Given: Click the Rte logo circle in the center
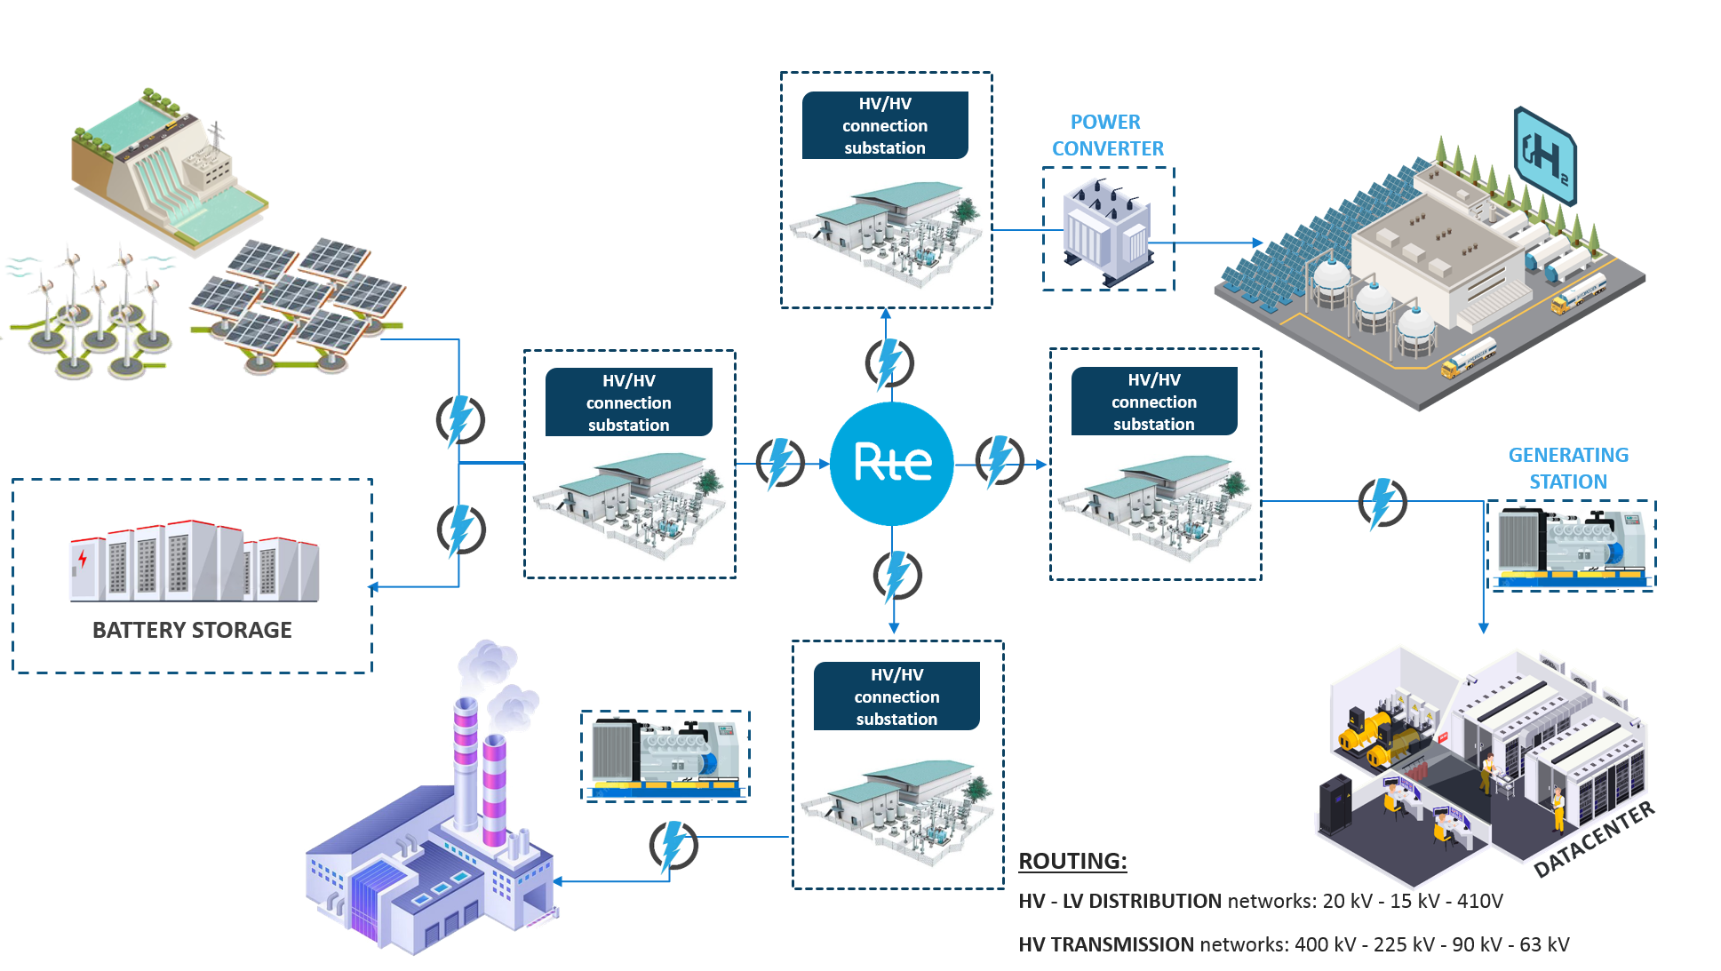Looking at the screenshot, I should pos(891,463).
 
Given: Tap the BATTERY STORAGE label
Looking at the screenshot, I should pos(192,630).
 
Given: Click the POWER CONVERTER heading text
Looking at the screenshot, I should pos(1107,135).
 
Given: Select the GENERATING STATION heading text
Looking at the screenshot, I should pos(1568,468).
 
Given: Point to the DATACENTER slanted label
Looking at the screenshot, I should pos(1594,840).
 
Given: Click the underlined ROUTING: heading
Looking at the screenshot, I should pos(1072,861).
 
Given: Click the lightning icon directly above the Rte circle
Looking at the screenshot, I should pos(889,362).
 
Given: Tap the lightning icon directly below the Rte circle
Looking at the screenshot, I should pos(897,576).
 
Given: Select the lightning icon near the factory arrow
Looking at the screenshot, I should pos(673,846).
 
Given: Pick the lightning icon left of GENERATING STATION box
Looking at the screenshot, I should pos(1382,503).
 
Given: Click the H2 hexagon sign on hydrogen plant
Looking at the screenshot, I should pos(1545,156).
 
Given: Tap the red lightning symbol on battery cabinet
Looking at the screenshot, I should pos(83,559).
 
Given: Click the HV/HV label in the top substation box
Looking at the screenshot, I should pos(885,104).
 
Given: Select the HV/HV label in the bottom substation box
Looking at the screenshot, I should pos(896,675).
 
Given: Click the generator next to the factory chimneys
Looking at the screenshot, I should pos(665,755).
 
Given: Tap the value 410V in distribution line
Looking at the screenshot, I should pos(1479,901).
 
